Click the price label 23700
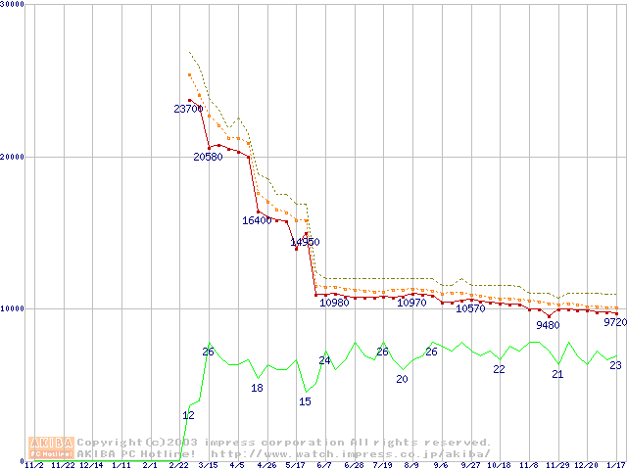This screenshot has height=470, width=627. [188, 109]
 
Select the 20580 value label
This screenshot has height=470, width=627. [208, 157]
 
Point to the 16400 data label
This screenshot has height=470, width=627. [257, 221]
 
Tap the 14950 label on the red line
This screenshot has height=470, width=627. [305, 242]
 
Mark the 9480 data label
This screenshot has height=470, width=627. [548, 325]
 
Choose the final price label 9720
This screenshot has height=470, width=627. [614, 322]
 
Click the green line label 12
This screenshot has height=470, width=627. [188, 416]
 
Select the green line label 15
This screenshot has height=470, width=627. [305, 401]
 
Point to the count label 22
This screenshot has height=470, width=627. [499, 369]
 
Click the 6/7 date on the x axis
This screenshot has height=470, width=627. [325, 465]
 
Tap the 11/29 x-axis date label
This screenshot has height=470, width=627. [557, 465]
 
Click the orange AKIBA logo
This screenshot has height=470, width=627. [52, 447]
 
